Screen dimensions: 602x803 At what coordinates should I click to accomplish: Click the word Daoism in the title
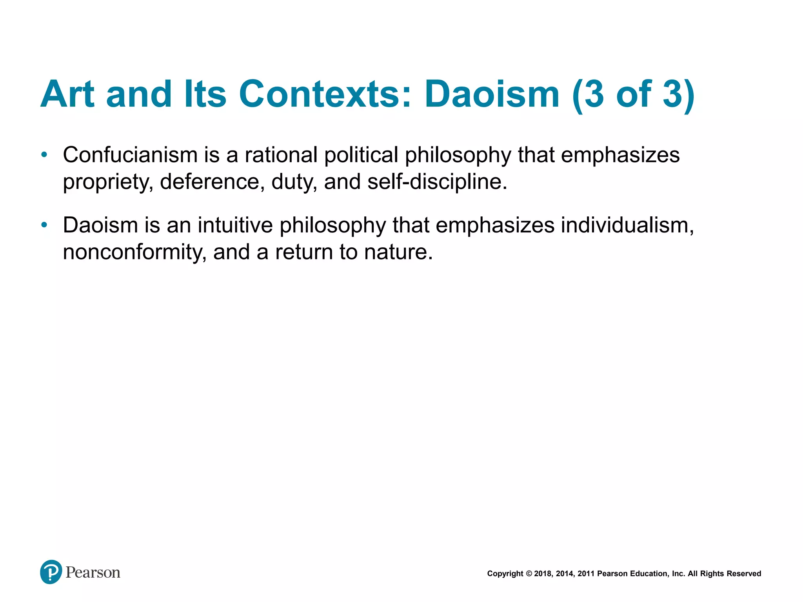coord(492,94)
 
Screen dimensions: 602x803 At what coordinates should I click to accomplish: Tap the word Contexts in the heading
coord(325,94)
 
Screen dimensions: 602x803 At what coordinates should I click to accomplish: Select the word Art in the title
coord(67,94)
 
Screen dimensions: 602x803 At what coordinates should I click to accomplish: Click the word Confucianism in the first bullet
coord(130,155)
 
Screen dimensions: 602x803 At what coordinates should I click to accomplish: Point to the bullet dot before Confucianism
coord(44,155)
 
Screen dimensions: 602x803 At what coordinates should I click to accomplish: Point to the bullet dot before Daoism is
coord(44,225)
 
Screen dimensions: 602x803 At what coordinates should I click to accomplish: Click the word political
coord(361,155)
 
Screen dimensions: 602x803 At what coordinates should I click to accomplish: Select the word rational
coord(281,155)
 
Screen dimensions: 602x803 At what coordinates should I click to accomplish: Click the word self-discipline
coord(437,182)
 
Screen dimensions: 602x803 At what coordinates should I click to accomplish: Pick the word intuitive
coord(235,225)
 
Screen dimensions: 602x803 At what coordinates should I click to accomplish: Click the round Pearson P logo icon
coord(51,572)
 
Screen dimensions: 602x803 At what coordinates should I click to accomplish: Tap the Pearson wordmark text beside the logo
coord(93,573)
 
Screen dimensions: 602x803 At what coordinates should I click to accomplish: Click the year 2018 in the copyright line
coord(543,574)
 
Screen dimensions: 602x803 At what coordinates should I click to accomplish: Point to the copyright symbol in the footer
coord(529,574)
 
